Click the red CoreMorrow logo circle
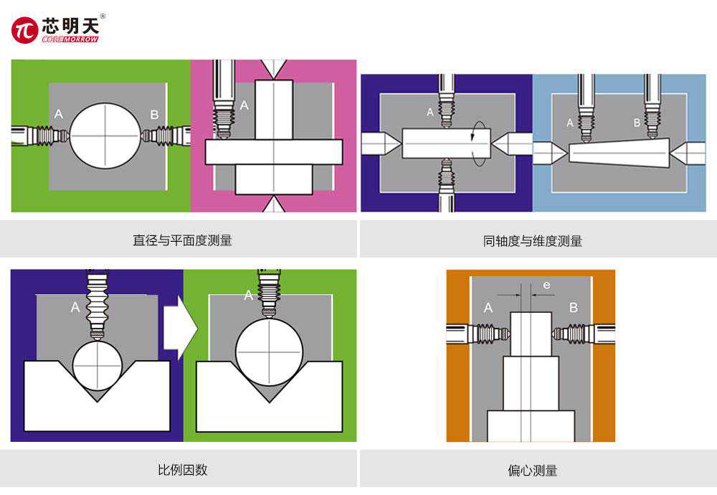(24, 30)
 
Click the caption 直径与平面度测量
(182, 240)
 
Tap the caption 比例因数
(182, 470)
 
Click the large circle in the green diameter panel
(105, 136)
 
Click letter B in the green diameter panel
(154, 115)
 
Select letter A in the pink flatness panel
(244, 105)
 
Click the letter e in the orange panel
(546, 286)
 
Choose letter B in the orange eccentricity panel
(573, 308)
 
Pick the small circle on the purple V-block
(98, 365)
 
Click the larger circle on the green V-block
(269, 352)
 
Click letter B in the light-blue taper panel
(637, 123)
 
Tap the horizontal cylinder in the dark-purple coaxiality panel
(445, 143)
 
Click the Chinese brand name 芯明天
(72, 24)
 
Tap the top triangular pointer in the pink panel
(273, 69)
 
